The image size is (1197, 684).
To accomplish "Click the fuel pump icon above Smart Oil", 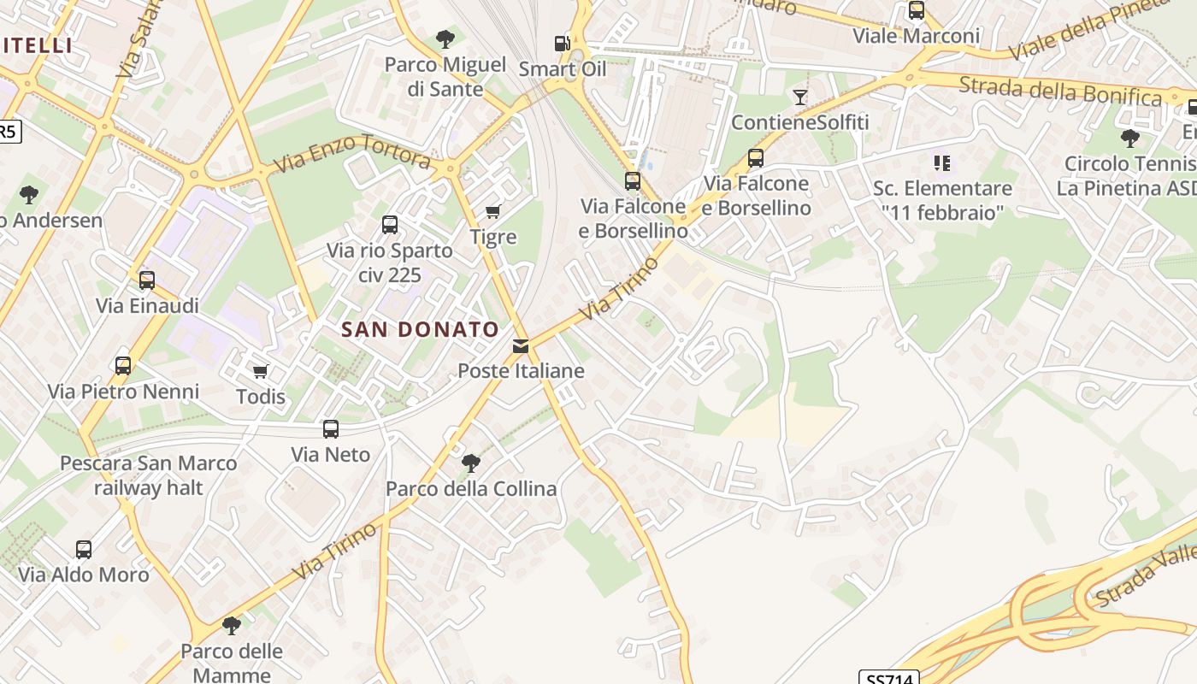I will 562,44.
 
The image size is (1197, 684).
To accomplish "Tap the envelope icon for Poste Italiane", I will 521,346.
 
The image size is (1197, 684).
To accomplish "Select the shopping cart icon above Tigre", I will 492,211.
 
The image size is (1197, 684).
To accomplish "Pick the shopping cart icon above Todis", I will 260,371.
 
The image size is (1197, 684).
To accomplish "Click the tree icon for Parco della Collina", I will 470,463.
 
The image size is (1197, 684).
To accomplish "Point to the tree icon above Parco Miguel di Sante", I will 445,38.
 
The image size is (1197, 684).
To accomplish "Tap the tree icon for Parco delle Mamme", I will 231,626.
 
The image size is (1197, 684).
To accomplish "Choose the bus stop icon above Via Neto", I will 331,429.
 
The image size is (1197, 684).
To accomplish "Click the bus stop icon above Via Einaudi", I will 147,280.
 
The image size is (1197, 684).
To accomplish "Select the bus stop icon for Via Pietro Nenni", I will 123,366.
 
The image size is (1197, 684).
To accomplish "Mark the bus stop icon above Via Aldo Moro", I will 84,550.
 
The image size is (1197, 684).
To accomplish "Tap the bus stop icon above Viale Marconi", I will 917,11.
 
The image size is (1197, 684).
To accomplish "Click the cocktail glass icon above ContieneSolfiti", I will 799,97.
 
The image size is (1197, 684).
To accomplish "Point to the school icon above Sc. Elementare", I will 942,162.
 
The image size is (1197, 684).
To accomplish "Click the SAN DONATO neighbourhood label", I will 421,329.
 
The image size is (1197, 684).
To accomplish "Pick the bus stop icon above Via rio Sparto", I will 390,225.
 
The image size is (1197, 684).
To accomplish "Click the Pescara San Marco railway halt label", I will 149,475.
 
